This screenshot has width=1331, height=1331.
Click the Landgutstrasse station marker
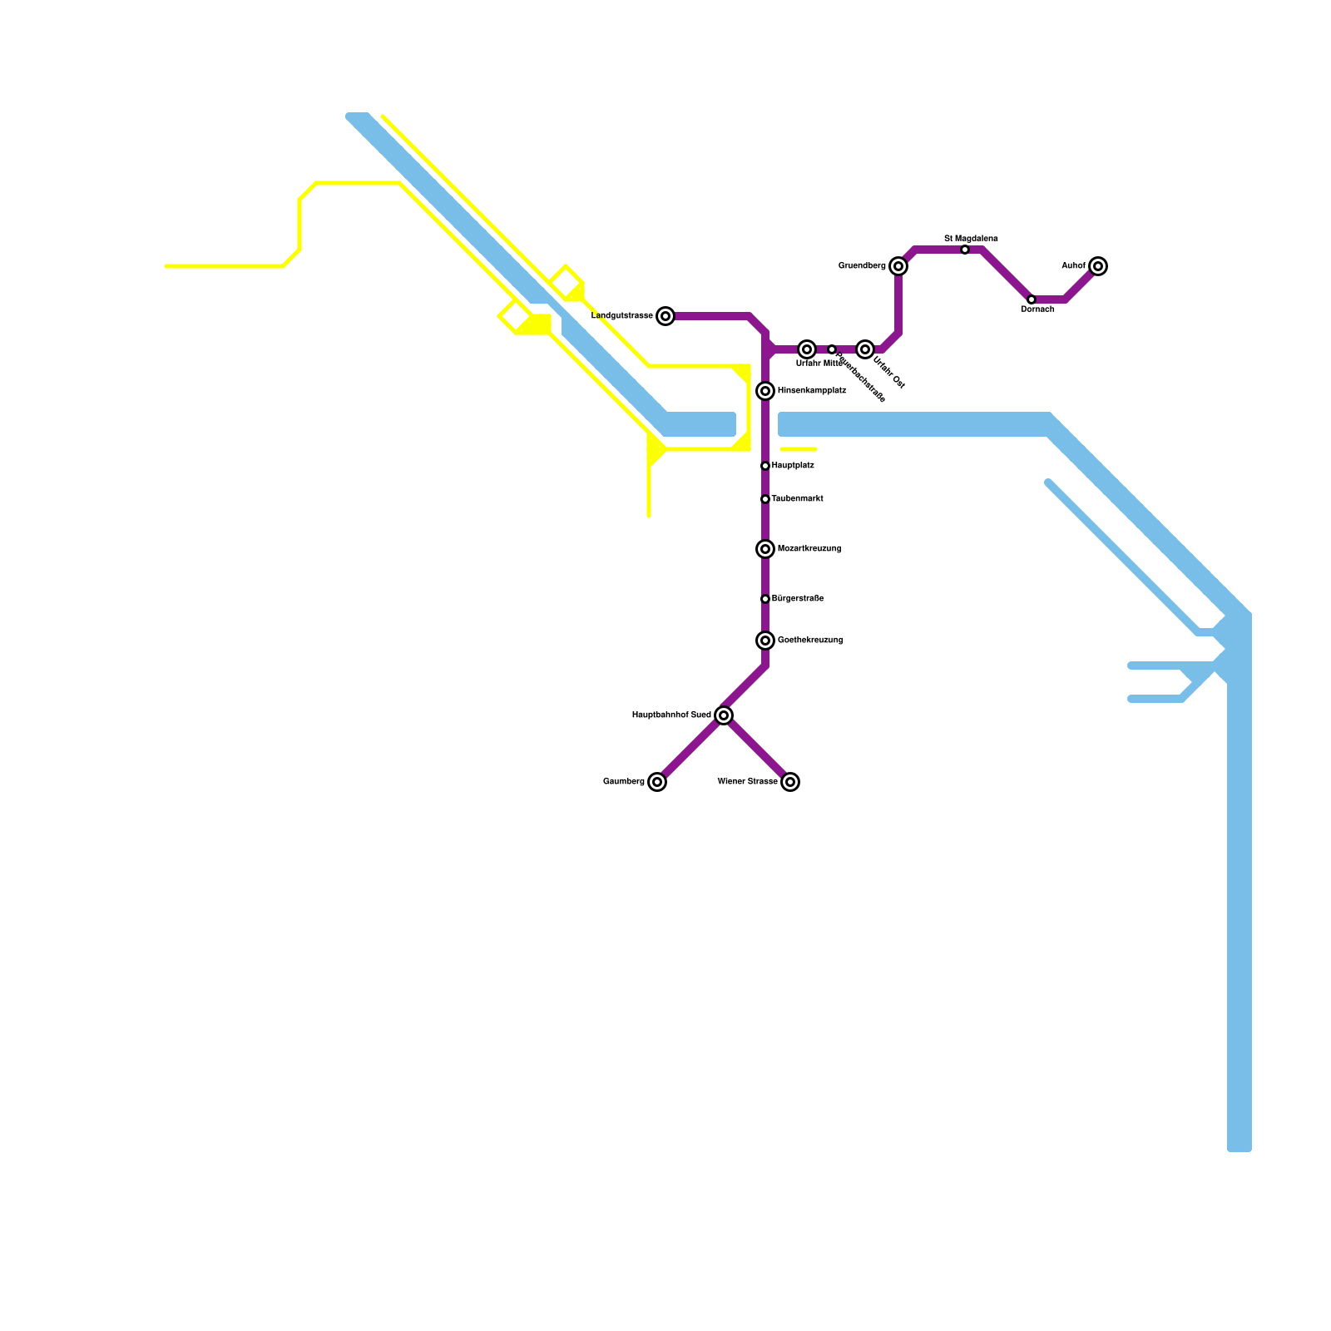[x=665, y=316]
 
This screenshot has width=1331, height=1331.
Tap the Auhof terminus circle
[x=1098, y=266]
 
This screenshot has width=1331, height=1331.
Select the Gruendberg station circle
[x=898, y=266]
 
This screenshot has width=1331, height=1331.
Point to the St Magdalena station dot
[x=965, y=250]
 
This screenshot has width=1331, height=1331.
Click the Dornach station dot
[x=1032, y=299]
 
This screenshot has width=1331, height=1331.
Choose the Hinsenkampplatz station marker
[x=765, y=391]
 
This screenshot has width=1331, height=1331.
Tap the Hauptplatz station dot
[x=765, y=466]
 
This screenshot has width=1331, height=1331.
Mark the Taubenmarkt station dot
[x=765, y=499]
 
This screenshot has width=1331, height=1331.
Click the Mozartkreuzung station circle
[x=765, y=549]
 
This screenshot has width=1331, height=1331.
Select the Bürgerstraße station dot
[x=765, y=599]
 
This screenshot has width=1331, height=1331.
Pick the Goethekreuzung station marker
[x=765, y=641]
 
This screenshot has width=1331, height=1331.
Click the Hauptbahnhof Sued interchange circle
[x=724, y=715]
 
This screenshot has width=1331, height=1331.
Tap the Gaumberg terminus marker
[x=657, y=782]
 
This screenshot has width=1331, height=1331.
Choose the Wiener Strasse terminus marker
[x=790, y=782]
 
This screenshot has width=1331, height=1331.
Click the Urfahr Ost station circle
[x=865, y=349]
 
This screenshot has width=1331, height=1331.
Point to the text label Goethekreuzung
[x=810, y=641]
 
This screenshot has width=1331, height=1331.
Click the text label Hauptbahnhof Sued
[x=671, y=715]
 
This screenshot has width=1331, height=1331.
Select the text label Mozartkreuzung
[x=809, y=549]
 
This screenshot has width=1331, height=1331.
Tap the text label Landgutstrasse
[x=622, y=316]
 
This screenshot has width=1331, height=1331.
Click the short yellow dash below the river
[x=799, y=449]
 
